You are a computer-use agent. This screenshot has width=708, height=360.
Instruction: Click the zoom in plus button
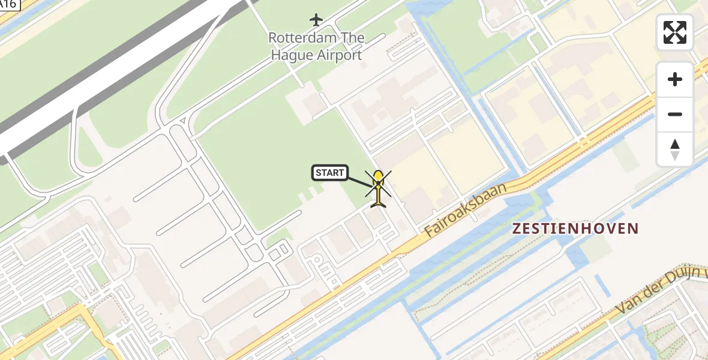tap(675, 79)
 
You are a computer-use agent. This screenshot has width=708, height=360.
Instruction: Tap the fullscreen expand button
tap(675, 32)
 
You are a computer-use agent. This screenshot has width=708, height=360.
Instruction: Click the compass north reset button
tap(675, 149)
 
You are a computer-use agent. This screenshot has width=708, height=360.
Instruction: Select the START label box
tap(330, 173)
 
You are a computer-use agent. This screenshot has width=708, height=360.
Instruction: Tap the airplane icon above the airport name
tap(316, 20)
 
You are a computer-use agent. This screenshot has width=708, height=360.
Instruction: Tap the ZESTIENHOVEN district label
tap(575, 228)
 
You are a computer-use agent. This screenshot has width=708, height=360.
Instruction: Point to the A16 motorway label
tap(8, 5)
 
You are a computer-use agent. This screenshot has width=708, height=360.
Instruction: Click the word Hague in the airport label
tap(292, 55)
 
